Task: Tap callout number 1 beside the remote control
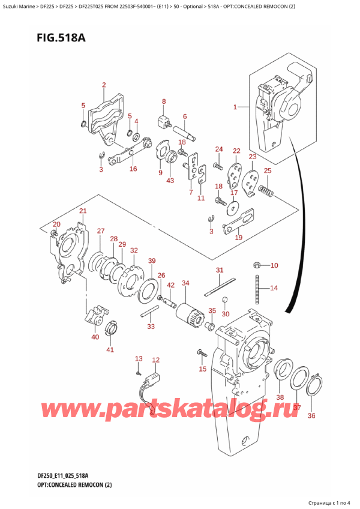coord(235,108)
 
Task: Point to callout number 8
coord(163,101)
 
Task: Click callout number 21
coord(83,211)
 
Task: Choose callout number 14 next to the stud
coord(274,288)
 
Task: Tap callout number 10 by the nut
coord(274,265)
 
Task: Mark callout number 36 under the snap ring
coord(311,415)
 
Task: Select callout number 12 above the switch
coord(156,360)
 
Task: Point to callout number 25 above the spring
coord(268,171)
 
